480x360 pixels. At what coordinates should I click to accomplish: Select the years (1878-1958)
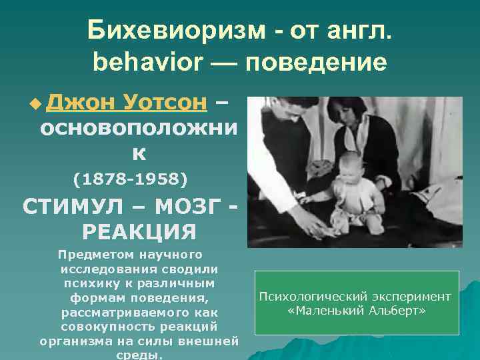pos(129,179)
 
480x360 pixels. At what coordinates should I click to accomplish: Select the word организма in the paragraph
pos(75,342)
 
